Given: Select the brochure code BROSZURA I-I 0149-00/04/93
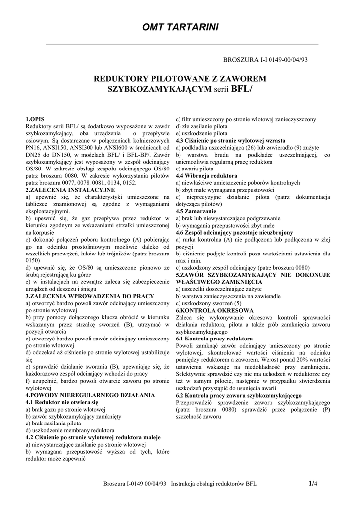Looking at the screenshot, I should click(266, 59).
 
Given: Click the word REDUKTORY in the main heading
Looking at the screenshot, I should click(121, 79).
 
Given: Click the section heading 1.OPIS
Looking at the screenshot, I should click(35, 120).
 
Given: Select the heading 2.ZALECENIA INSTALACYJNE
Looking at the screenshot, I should click(70, 190).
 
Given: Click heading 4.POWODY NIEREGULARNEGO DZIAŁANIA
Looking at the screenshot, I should click(86, 395).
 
